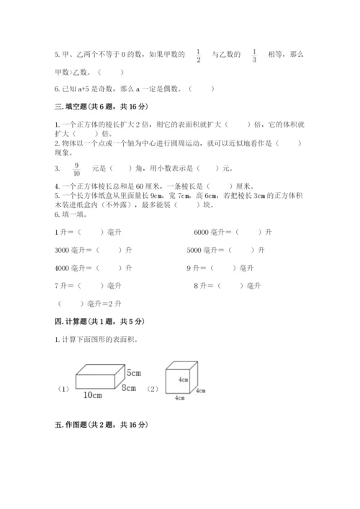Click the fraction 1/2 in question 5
(198, 55)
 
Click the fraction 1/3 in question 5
(254, 55)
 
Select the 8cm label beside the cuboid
(129, 388)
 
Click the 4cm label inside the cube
(174, 379)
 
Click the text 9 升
(192, 268)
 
